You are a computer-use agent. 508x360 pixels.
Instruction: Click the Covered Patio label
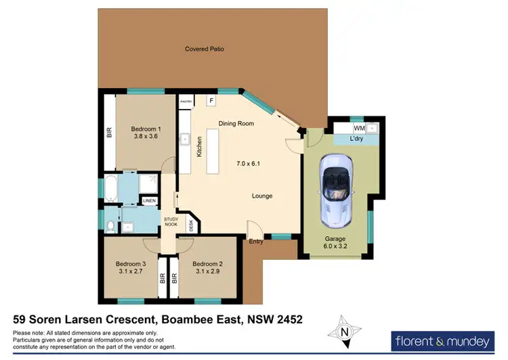205,49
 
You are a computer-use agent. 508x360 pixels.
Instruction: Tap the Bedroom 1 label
146,129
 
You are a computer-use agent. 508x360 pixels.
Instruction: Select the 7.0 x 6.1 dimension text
248,164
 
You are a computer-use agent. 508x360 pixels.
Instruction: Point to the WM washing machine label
359,127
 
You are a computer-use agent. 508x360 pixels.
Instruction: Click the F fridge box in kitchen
211,101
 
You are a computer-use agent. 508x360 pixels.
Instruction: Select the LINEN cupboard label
148,200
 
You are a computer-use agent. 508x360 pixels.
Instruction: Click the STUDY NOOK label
171,222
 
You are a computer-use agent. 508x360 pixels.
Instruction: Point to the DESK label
191,225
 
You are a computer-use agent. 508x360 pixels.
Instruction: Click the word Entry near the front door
256,242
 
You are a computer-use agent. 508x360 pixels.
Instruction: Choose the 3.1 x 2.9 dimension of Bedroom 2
207,272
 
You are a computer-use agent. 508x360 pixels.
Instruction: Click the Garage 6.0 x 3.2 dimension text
335,247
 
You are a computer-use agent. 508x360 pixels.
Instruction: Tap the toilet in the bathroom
111,225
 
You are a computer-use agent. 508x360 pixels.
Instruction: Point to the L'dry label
358,139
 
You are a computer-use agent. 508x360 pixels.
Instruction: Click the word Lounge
262,196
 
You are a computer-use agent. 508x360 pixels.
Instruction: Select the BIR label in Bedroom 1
109,133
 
